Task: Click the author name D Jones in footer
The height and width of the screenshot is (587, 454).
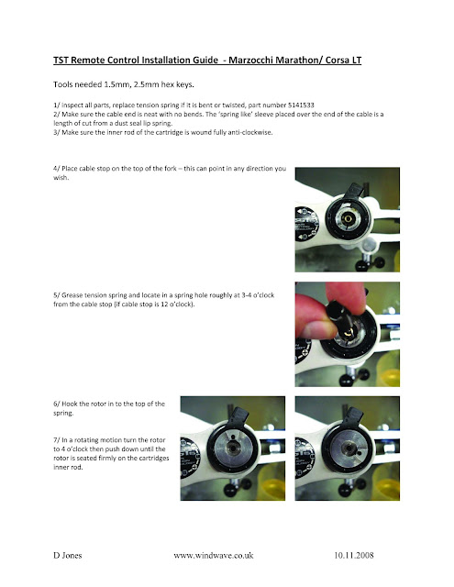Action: click(65, 556)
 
